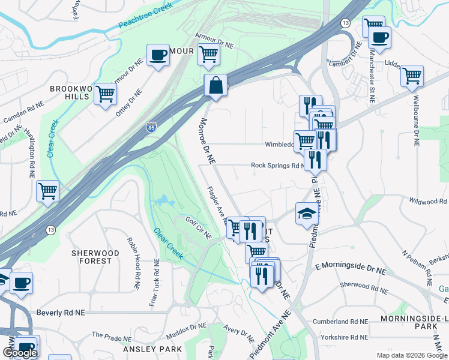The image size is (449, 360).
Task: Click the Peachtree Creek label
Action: [x=146, y=16]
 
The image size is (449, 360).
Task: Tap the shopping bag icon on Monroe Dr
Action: [x=215, y=86]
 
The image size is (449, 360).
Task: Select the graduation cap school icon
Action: [x=307, y=214]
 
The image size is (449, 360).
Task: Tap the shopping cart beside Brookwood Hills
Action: [x=105, y=93]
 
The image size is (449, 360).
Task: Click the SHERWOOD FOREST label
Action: [x=91, y=257]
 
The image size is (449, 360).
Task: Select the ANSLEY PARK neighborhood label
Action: [x=152, y=349]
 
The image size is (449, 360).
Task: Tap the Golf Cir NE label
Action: [x=199, y=227]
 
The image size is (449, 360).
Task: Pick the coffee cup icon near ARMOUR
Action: [x=158, y=55]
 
